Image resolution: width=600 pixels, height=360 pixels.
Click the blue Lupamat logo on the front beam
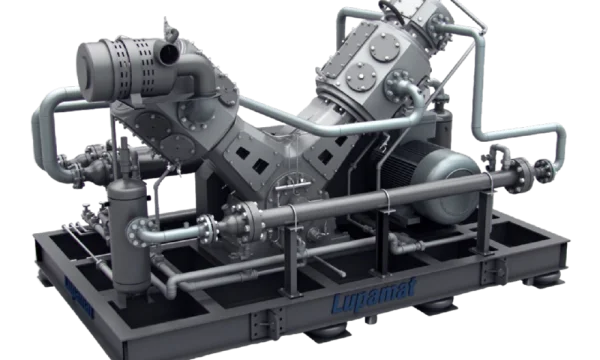pos(373,295)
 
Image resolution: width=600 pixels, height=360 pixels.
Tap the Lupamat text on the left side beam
pos(78,298)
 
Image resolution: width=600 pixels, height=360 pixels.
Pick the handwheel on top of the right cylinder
pos(392,11)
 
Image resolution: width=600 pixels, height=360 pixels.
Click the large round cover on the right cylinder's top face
pos(385,47)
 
